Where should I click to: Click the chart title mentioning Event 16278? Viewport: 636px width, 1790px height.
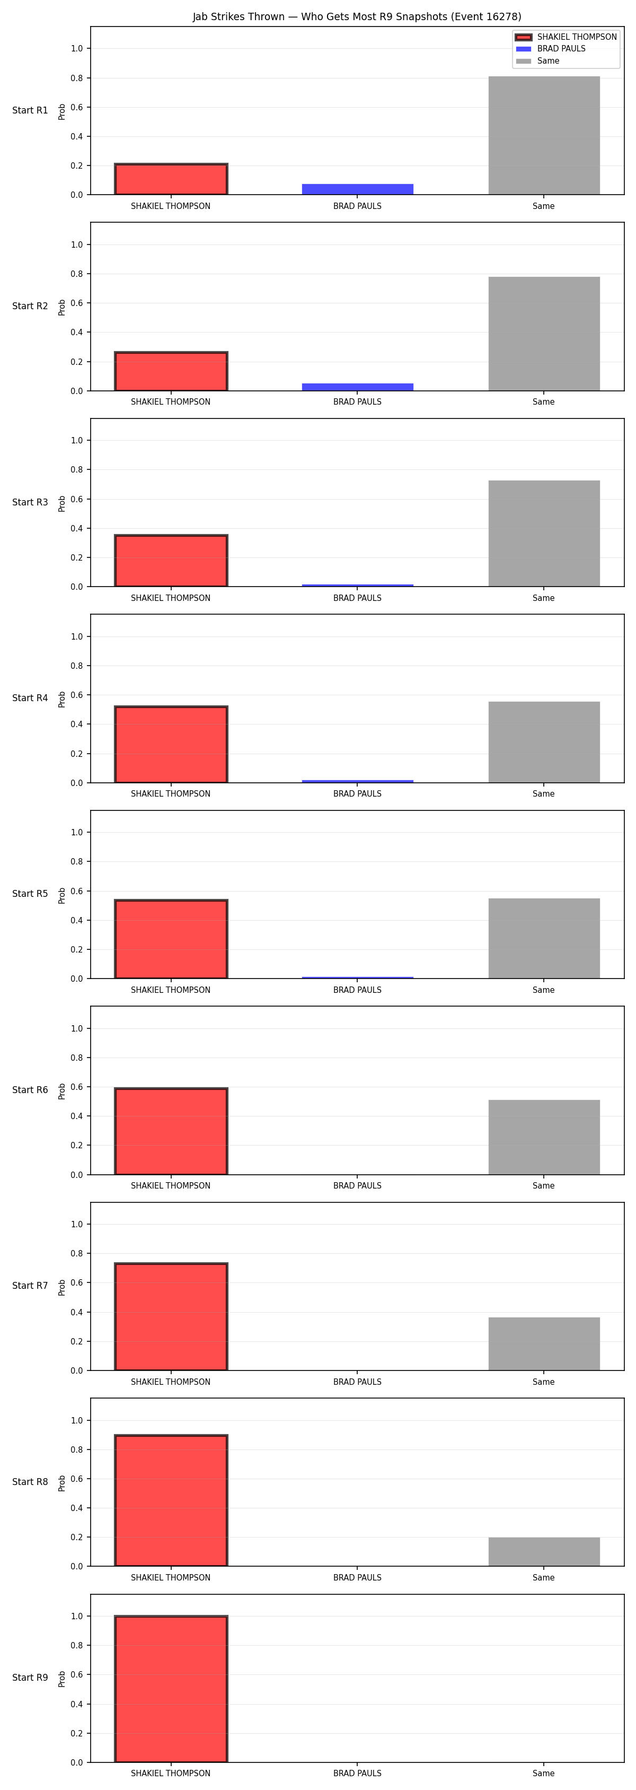tap(357, 16)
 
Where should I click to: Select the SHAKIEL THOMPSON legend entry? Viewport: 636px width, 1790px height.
tap(566, 37)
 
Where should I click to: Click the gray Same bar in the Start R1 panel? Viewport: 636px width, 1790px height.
tap(544, 135)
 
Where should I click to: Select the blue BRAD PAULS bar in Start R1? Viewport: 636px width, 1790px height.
tap(358, 189)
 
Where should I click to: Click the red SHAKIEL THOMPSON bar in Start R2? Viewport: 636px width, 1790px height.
tap(171, 371)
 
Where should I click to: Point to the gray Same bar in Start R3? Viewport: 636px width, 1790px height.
tap(544, 534)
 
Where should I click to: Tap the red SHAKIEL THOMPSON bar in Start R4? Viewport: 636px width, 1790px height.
tap(171, 744)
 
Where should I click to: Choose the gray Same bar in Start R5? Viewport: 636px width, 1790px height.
tap(544, 938)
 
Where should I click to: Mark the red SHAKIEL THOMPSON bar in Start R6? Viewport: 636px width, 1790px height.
tap(171, 1131)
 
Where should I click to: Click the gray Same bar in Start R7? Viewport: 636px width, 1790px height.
tap(544, 1344)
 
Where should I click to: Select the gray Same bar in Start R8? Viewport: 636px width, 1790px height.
tap(544, 1552)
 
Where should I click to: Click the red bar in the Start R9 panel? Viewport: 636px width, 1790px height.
tap(171, 1689)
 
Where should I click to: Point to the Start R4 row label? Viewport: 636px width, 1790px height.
tap(30, 697)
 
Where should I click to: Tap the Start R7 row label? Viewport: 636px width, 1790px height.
tap(30, 1286)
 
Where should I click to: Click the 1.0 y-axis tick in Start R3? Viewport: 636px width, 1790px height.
tap(76, 441)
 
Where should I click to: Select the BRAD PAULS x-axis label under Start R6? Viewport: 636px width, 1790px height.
tap(358, 1185)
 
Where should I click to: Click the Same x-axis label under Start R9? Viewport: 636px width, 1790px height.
tap(544, 1774)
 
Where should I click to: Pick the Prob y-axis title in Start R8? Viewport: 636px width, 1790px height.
tap(62, 1483)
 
